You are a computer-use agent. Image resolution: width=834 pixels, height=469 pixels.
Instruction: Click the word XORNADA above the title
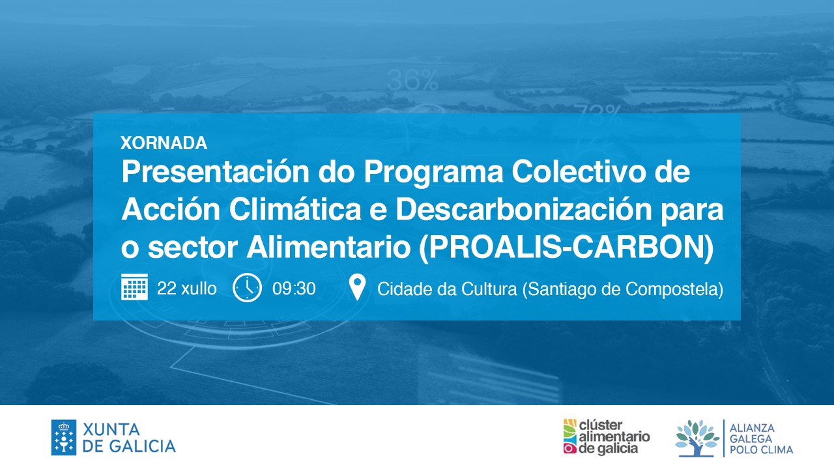click(164, 143)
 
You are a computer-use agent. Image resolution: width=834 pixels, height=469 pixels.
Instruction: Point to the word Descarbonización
click(523, 209)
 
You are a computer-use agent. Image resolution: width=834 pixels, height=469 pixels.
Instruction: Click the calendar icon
click(134, 287)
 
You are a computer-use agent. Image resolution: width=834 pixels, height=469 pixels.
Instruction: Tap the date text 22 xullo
click(187, 289)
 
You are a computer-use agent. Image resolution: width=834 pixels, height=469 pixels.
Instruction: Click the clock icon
click(247, 287)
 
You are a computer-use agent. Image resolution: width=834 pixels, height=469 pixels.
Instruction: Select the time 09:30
click(294, 289)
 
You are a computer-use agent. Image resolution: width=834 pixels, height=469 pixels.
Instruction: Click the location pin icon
click(358, 287)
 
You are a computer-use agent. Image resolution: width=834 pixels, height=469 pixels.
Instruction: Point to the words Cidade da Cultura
click(447, 289)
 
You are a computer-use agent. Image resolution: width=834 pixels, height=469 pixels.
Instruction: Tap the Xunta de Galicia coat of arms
click(64, 438)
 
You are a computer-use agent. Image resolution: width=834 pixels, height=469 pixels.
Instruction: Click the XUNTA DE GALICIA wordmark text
click(129, 438)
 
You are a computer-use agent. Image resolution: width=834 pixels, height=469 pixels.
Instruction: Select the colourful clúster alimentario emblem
click(569, 436)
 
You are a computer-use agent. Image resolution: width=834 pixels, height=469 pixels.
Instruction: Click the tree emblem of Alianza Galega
click(697, 438)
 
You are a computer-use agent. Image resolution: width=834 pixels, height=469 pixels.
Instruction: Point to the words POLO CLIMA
click(761, 449)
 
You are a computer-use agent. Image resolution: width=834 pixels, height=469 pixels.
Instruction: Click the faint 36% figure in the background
click(412, 80)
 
